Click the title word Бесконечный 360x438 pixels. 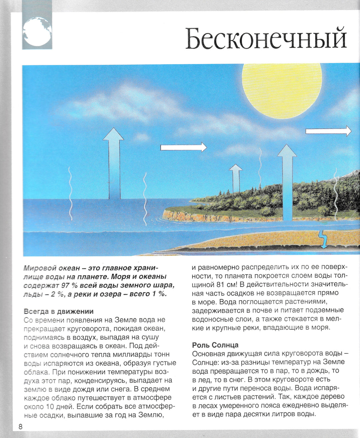[x=266, y=39]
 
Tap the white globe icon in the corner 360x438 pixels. [x=37, y=31]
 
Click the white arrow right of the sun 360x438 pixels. [x=328, y=131]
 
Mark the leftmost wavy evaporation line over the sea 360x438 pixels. [x=70, y=193]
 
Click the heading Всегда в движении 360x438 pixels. [x=59, y=311]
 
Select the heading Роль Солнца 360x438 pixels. [x=215, y=345]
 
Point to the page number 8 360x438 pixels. [x=20, y=427]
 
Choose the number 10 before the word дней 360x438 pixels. [x=50, y=407]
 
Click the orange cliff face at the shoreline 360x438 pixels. [x=200, y=217]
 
